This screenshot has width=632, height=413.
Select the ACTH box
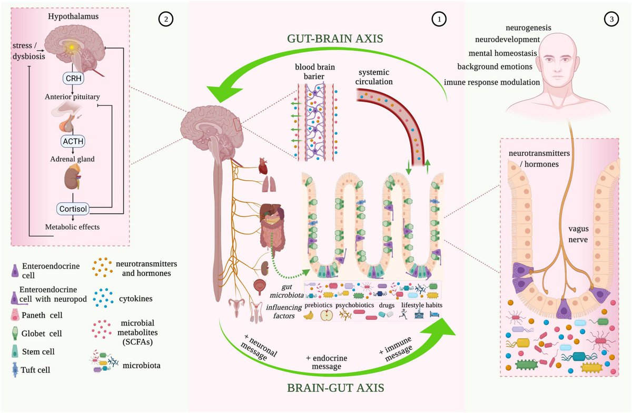pyautogui.click(x=74, y=141)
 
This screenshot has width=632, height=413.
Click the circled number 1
pyautogui.click(x=438, y=19)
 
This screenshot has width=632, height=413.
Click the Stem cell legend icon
pyautogui.click(x=15, y=352)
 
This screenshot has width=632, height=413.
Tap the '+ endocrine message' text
pyautogui.click(x=329, y=363)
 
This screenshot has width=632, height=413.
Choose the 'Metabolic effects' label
pyautogui.click(x=73, y=227)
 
